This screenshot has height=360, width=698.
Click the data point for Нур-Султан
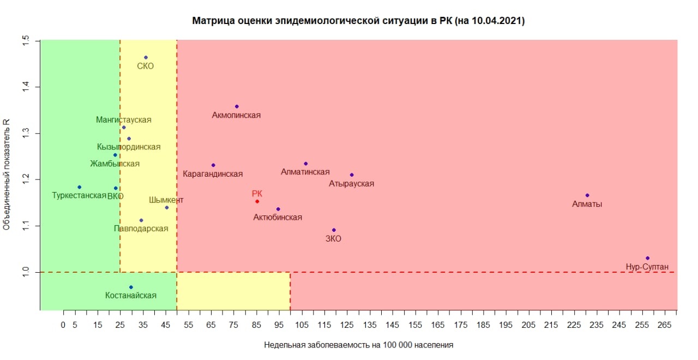click(x=647, y=258)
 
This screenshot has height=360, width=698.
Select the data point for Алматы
click(x=587, y=195)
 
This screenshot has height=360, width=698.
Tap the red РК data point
click(x=257, y=201)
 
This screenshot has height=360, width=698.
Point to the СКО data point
click(x=146, y=57)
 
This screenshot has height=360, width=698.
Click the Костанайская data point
click(x=131, y=287)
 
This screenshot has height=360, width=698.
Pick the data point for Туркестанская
click(x=80, y=187)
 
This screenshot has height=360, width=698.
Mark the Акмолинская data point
click(x=237, y=106)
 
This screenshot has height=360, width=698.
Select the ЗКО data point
click(x=334, y=230)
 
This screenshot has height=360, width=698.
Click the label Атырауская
click(x=351, y=184)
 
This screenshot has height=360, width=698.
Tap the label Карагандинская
click(x=213, y=174)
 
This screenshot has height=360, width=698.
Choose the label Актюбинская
click(x=278, y=218)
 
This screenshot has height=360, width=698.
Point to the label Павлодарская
click(x=141, y=229)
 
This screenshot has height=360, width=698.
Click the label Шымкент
click(x=166, y=200)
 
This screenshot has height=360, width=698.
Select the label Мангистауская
click(x=124, y=120)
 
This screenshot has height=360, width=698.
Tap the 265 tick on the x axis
click(x=664, y=325)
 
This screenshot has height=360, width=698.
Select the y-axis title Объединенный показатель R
click(x=7, y=175)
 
